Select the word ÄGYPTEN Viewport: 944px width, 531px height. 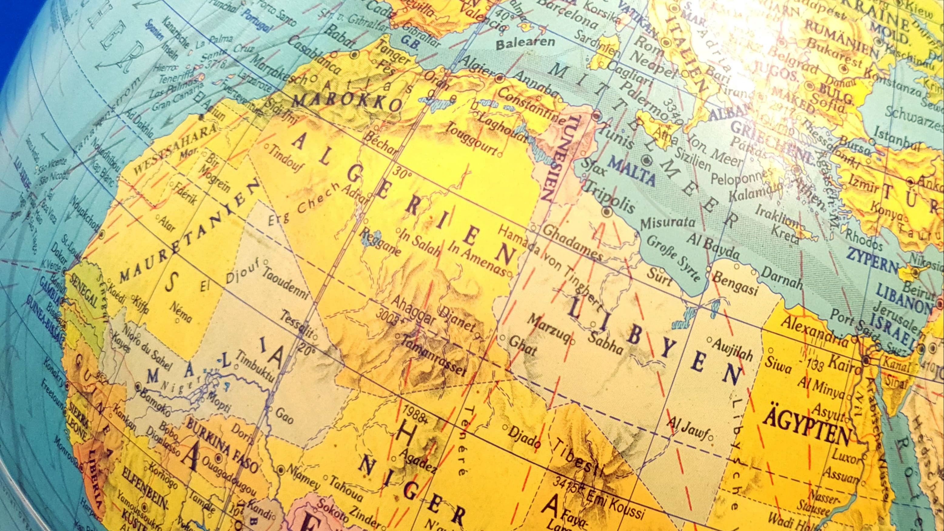(x=807, y=432)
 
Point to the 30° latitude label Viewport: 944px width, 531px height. (x=404, y=173)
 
